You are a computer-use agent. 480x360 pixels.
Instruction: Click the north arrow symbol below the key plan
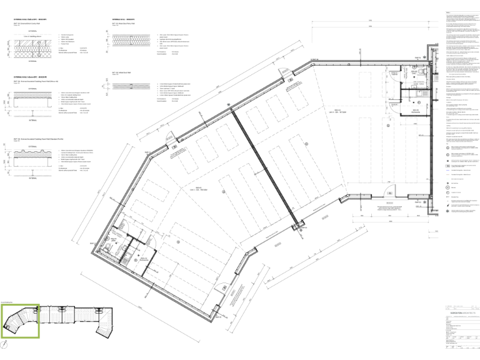point(6,343)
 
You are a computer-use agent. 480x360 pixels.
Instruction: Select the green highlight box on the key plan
point(20,321)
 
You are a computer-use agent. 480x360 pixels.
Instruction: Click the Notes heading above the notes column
point(447,12)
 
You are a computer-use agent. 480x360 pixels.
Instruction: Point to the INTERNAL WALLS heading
point(123,20)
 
